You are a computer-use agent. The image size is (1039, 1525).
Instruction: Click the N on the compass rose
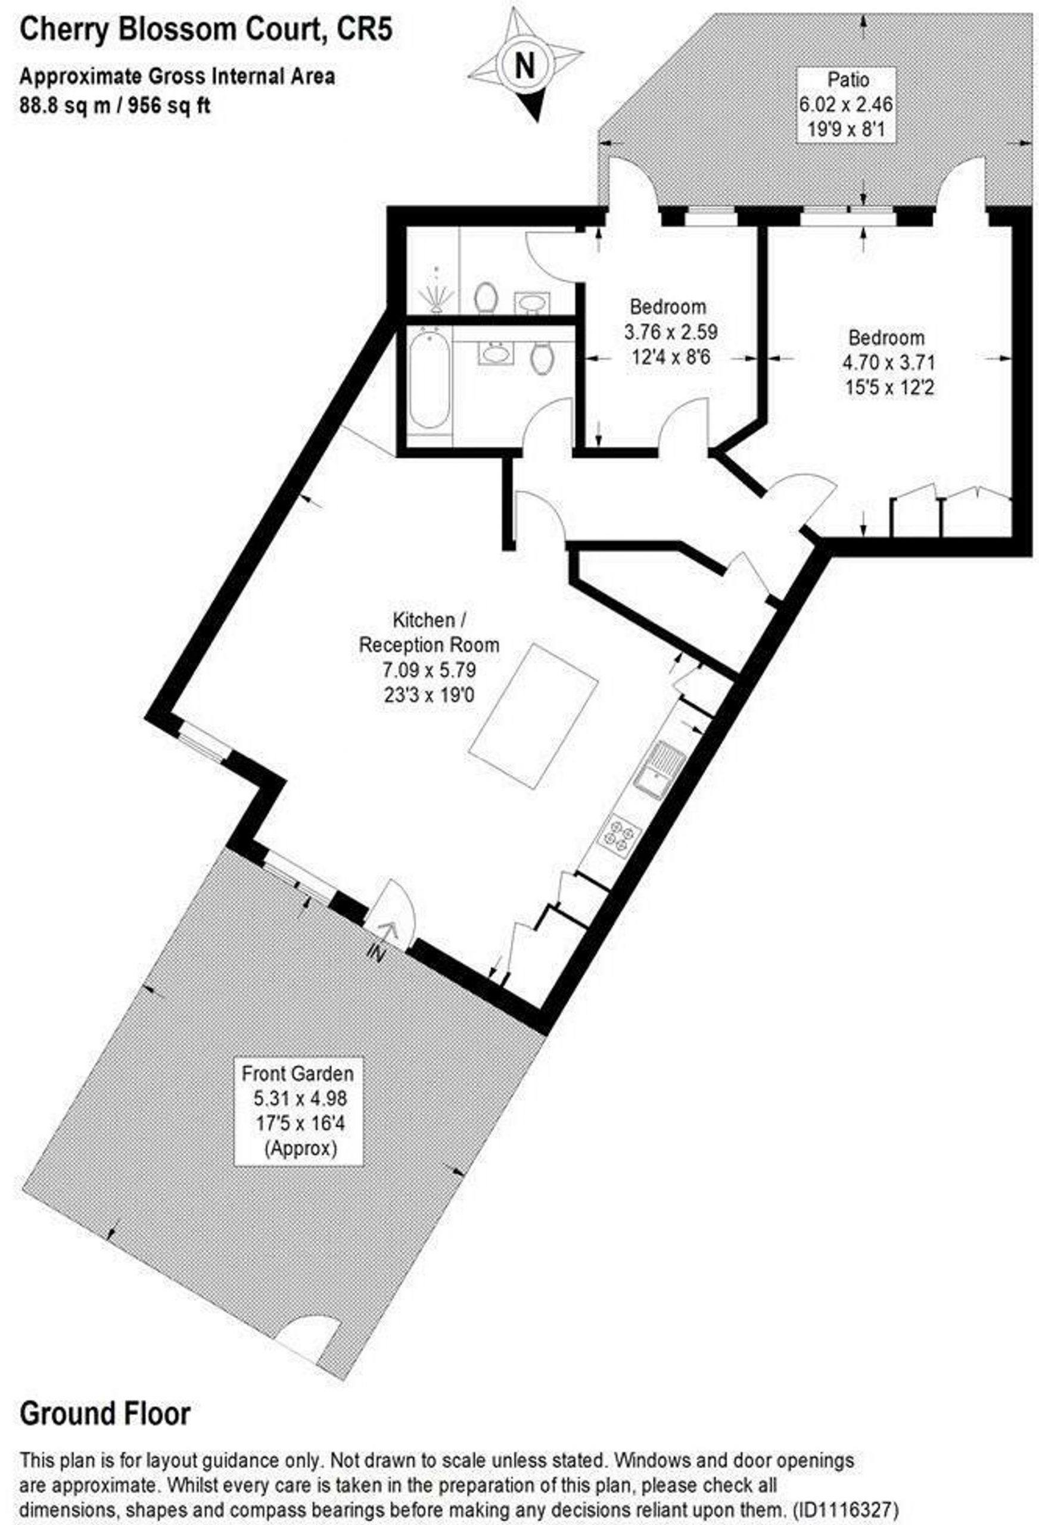[x=525, y=65]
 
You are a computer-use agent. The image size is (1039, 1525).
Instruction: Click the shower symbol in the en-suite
[x=437, y=290]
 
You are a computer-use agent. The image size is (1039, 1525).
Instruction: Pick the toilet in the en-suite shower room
[x=486, y=298]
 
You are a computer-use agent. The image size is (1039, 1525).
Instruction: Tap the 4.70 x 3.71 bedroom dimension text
[x=890, y=362]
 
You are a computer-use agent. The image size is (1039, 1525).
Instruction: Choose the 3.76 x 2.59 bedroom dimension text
[x=670, y=331]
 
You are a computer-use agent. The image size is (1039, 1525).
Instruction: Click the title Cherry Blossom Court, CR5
[x=207, y=30]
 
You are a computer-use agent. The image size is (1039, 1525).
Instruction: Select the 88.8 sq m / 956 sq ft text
[x=115, y=105]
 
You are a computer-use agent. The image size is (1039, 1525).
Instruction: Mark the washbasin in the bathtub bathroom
[x=497, y=354]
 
